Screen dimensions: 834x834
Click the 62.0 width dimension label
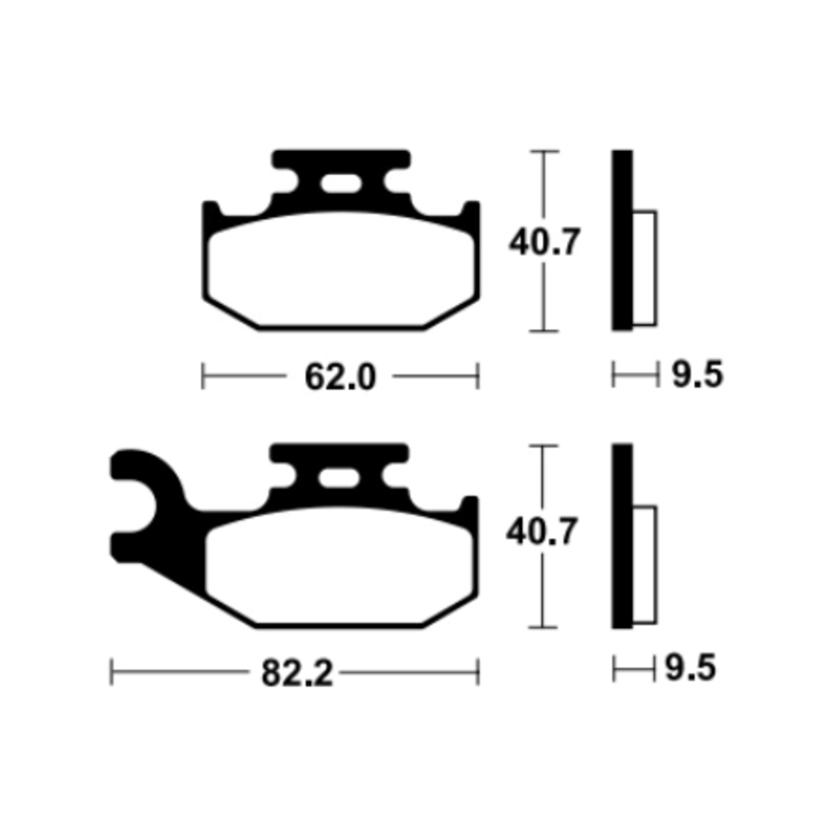[340, 377]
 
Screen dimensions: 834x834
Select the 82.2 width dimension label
[297, 673]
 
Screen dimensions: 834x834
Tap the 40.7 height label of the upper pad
[544, 242]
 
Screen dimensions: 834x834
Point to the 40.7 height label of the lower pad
[541, 532]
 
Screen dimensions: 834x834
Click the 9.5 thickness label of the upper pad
[697, 374]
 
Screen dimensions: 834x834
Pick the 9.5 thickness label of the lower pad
[691, 668]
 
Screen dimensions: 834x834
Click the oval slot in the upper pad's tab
[341, 183]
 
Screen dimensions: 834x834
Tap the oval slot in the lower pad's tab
[339, 478]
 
